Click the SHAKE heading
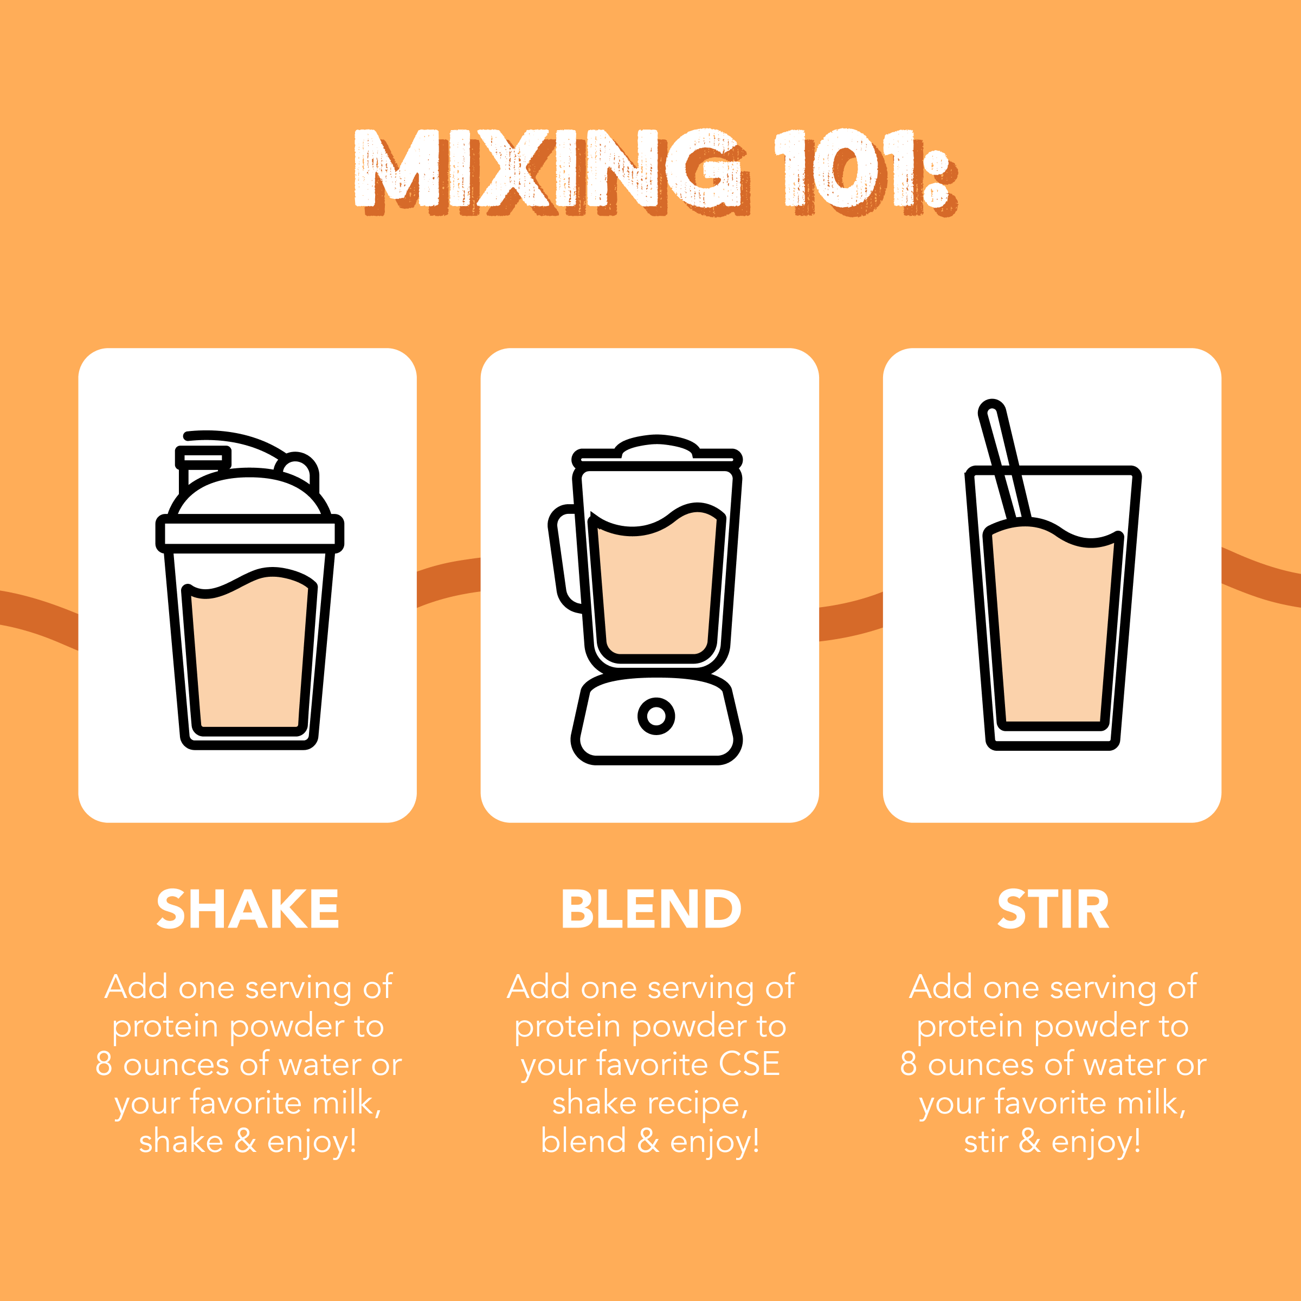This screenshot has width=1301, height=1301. click(247, 909)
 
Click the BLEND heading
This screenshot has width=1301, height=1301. click(650, 909)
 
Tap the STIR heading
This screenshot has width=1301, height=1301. click(1053, 909)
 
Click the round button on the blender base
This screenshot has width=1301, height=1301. click(656, 716)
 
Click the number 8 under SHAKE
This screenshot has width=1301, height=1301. click(103, 1064)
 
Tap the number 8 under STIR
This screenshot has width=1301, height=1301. click(909, 1064)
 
